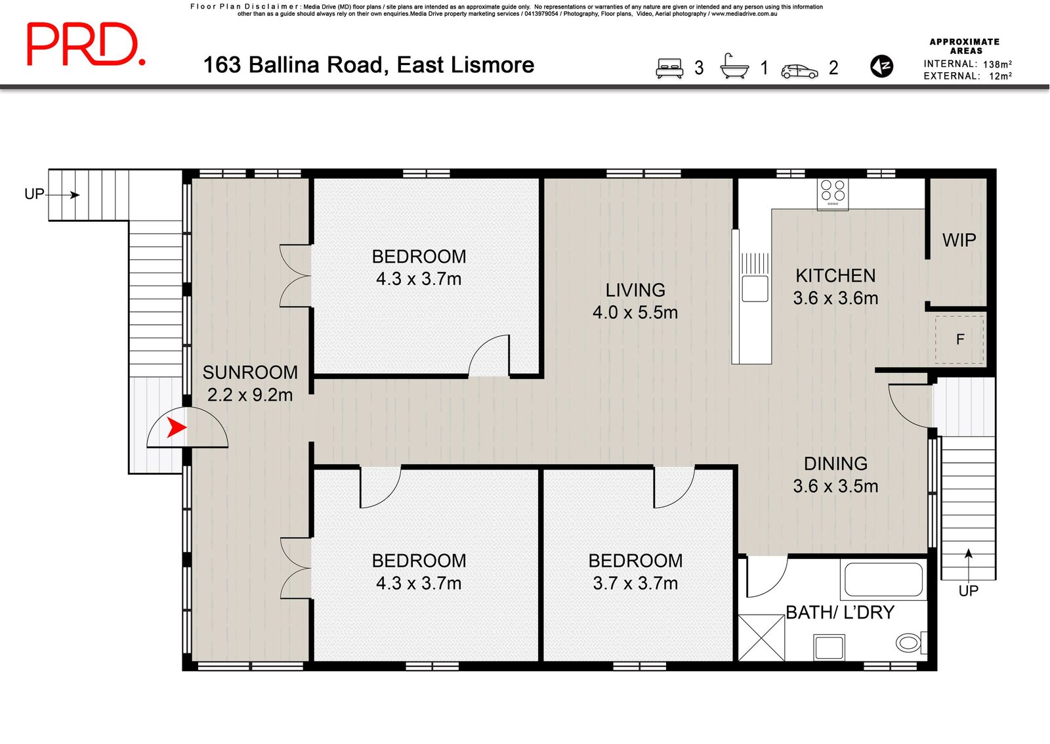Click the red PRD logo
(x=86, y=44)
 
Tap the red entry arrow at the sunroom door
(x=177, y=428)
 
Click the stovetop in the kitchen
(x=833, y=193)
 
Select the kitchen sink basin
(x=755, y=288)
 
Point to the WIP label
(x=959, y=240)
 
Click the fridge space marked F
(x=959, y=339)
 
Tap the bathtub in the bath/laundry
(x=883, y=579)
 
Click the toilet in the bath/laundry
(x=911, y=642)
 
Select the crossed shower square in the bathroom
(x=761, y=638)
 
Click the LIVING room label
(x=635, y=290)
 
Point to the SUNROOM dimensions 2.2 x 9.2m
(x=250, y=395)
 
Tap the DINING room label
(x=835, y=464)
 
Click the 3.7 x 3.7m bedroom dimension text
(x=635, y=584)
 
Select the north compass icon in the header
(x=881, y=66)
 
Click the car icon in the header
(x=800, y=71)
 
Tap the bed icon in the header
(x=669, y=68)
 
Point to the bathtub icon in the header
(x=734, y=66)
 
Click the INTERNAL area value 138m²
(x=997, y=64)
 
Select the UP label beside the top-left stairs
(x=34, y=194)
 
